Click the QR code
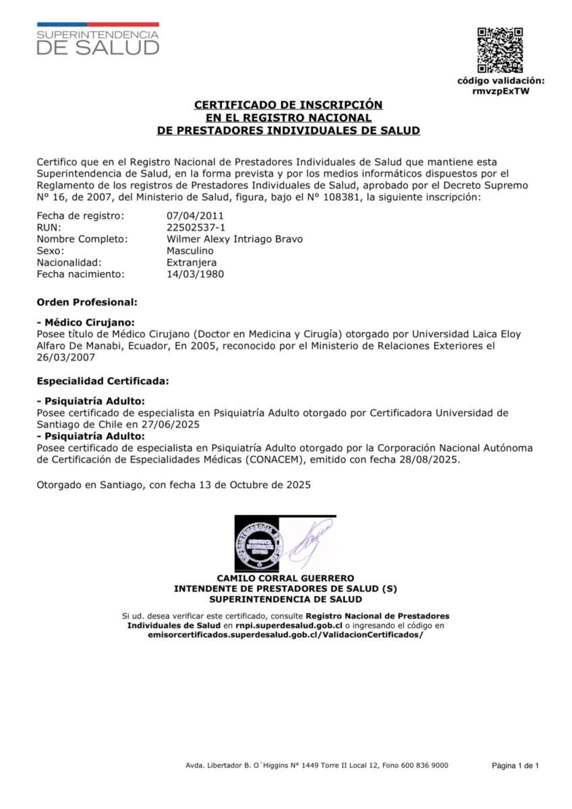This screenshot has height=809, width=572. pos(500,50)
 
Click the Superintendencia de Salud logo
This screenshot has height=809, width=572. pos(98,38)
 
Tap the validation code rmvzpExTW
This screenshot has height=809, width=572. pos(500,91)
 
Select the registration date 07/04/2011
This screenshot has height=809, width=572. pos(195,216)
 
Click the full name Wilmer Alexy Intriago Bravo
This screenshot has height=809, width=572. pos(235,239)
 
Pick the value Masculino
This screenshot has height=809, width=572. pos(190,251)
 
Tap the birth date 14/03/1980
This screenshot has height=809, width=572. pos(195,274)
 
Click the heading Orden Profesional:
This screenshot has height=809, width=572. pos(87,302)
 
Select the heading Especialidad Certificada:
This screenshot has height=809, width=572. pos(103,381)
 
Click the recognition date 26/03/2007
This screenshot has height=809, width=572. pos(65,357)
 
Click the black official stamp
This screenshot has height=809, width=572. pos(257,543)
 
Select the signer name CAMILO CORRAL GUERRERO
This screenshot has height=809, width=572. pos(285,578)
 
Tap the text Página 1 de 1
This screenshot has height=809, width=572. pos(515,765)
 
